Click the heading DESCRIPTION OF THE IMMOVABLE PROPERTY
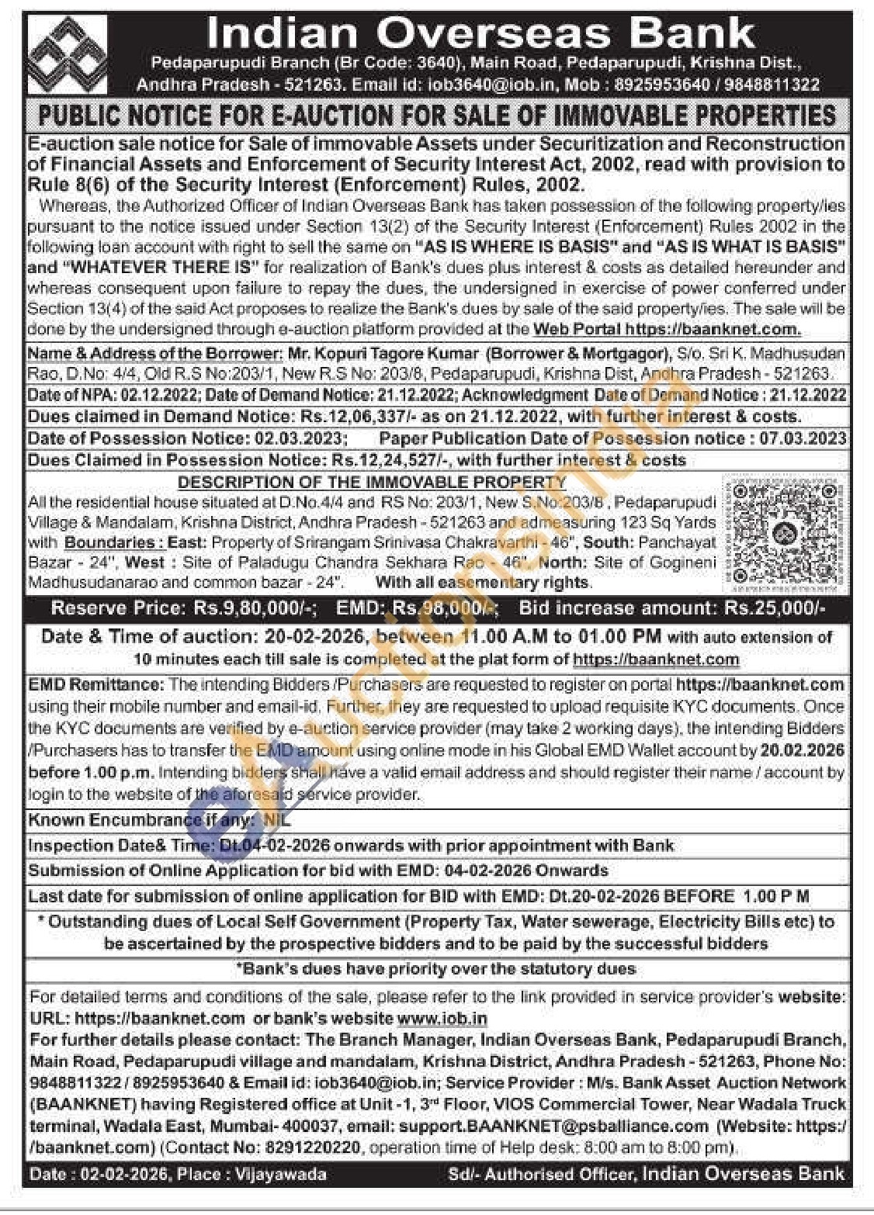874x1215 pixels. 372,482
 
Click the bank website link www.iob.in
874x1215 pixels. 442,1018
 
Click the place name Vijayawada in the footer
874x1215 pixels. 282,1175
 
